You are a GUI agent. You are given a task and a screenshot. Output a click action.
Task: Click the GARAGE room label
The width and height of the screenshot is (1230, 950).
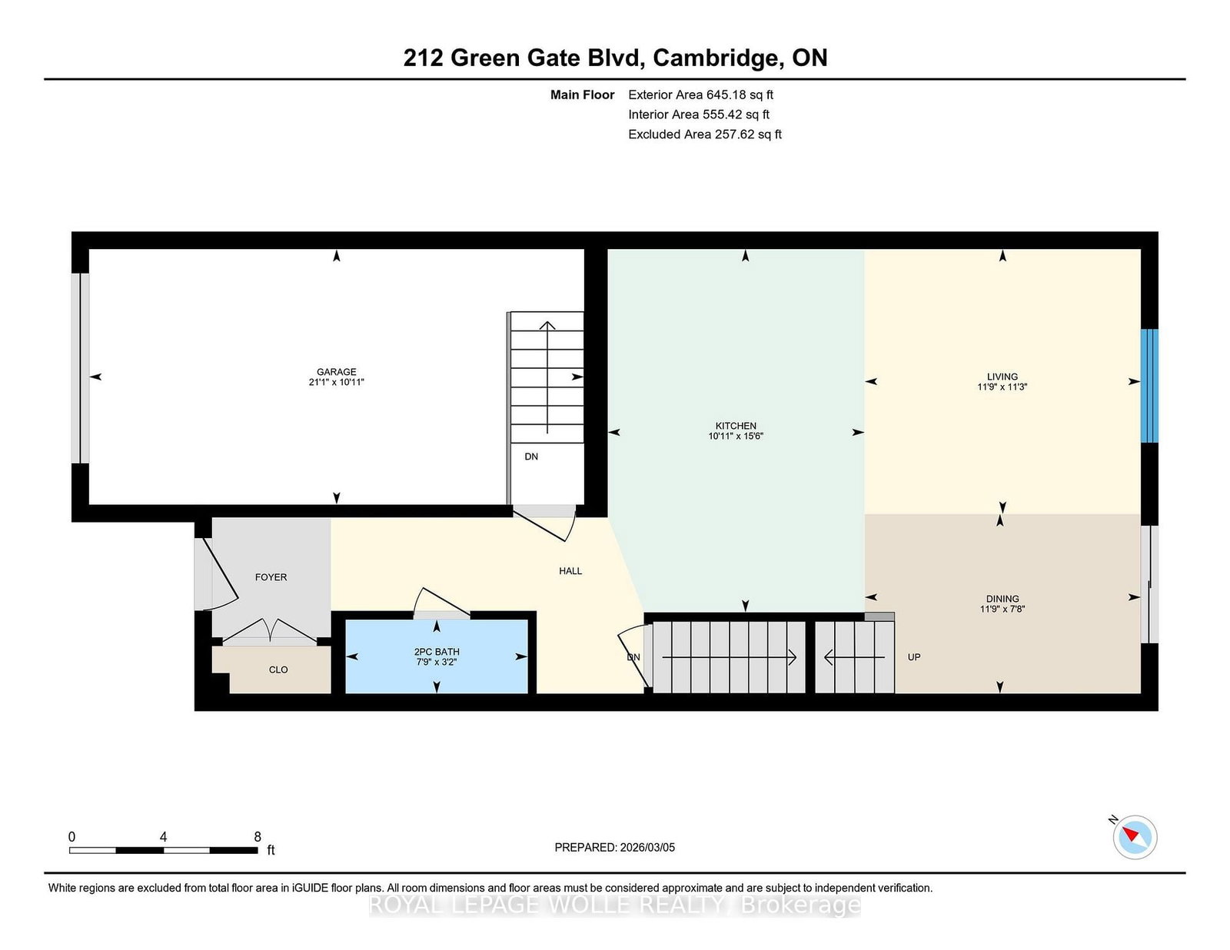coord(336,372)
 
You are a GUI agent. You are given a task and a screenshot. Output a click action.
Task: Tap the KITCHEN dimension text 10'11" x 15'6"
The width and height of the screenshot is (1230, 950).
coord(736,437)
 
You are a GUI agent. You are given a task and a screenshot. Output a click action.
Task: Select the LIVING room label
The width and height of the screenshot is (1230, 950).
coord(1002,377)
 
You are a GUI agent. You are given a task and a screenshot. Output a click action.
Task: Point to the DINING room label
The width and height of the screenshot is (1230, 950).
coord(1002,599)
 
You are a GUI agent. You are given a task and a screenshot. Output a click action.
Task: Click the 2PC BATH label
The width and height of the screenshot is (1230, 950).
coord(437,652)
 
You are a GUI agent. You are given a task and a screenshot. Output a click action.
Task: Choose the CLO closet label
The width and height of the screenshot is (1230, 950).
coord(278,670)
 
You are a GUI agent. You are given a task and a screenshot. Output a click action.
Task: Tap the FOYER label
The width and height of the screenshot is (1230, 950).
coord(271,577)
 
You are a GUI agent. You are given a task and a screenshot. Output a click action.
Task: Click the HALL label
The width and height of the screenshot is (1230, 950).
coord(570,571)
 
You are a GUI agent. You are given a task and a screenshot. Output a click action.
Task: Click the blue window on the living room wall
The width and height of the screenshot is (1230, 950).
coord(1149,386)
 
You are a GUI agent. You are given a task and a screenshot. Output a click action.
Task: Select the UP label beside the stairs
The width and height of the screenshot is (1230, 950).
coord(914,657)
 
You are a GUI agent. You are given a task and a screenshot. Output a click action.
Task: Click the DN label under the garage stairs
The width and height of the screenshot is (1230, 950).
coord(531,457)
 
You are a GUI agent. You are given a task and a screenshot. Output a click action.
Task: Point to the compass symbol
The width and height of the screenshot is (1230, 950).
coord(1135,837)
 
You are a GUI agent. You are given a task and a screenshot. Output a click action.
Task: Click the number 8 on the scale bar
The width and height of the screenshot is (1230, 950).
coord(258,837)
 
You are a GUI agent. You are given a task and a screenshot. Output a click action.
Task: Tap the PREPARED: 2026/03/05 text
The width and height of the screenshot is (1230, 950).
coord(614,847)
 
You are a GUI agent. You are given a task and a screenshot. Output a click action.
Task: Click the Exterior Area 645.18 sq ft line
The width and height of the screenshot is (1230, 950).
coord(700,95)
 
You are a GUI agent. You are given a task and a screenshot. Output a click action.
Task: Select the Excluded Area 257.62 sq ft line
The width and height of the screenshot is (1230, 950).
coord(704,134)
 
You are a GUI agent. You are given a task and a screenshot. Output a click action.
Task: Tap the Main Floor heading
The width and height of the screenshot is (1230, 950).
coord(582,95)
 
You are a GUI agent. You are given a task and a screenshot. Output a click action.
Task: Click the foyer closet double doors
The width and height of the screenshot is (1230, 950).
coord(270,630)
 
